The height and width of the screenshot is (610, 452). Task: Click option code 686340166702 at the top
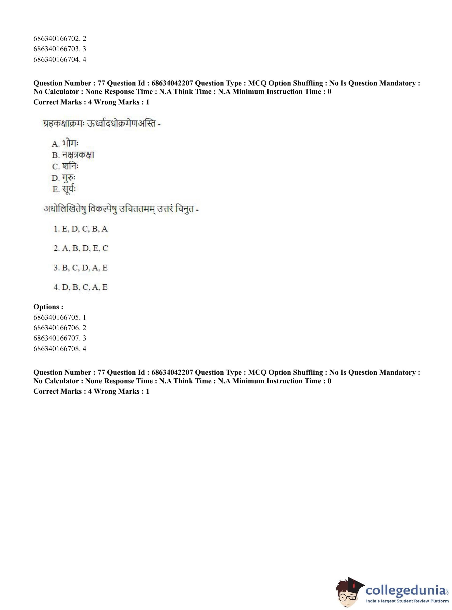pos(60,39)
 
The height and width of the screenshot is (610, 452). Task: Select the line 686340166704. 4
pos(60,59)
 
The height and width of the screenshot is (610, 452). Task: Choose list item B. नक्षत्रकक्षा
pos(73,155)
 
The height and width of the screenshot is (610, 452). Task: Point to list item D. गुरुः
pos(64,178)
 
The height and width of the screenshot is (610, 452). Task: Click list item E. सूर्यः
pos(64,189)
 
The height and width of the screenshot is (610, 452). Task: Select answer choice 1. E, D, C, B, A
pos(81,229)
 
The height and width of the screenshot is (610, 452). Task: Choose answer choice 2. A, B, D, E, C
pos(81,248)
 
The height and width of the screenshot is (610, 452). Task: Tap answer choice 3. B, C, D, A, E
pos(81,268)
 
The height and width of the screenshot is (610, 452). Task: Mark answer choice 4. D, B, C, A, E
pos(81,287)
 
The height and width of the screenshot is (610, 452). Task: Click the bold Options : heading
pos(48,307)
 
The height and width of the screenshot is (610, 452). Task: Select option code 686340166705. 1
pos(60,317)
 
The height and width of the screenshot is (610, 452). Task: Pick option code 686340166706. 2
pos(60,328)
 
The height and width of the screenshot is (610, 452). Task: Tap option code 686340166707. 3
pos(60,338)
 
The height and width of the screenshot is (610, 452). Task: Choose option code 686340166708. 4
pos(60,349)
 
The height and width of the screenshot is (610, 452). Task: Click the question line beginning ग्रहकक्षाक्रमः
pos(101,124)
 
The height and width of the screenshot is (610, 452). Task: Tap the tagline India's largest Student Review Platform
pos(407,601)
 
